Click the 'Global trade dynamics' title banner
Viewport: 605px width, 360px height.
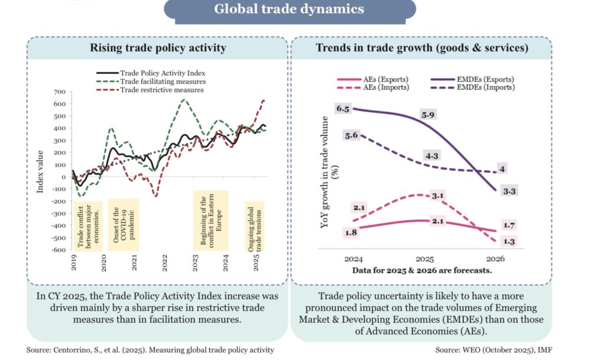click(289, 9)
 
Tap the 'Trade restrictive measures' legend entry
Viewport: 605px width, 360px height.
click(161, 90)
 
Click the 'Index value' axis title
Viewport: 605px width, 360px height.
click(40, 171)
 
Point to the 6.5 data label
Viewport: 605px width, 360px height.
click(343, 109)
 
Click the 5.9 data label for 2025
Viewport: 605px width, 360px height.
click(427, 113)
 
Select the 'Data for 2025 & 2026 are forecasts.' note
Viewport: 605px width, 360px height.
click(422, 270)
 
